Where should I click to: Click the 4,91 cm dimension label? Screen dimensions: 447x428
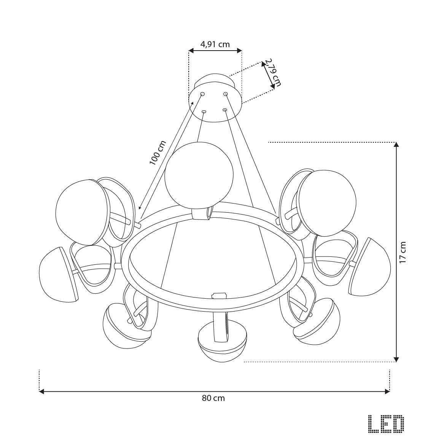(215, 44)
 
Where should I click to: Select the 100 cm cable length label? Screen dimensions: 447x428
(158, 153)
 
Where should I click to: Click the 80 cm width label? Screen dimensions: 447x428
(213, 398)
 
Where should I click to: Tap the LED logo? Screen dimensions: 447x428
(386, 424)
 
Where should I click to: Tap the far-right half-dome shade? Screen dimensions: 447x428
(371, 269)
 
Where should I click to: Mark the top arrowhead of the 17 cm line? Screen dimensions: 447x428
(396, 145)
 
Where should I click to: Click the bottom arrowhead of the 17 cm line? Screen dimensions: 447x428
(396, 359)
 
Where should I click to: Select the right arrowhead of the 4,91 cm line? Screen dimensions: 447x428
(239, 50)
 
